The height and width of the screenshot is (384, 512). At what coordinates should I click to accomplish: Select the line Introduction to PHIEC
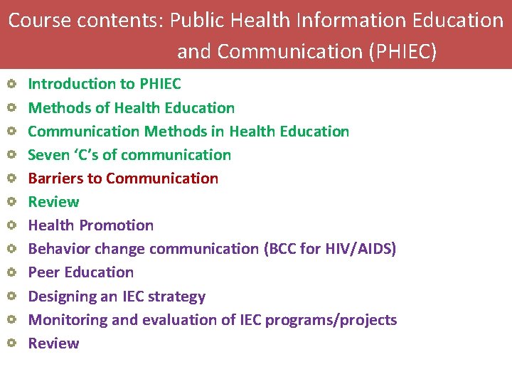click(x=104, y=84)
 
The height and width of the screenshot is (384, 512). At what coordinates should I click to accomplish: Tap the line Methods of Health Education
click(x=131, y=108)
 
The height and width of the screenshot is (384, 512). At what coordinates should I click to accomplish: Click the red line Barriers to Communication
click(x=123, y=178)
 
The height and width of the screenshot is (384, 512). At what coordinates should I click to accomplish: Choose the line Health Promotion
click(x=90, y=225)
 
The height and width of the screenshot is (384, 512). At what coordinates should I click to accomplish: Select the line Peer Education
click(x=80, y=272)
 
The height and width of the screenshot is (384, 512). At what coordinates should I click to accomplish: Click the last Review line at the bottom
click(x=53, y=343)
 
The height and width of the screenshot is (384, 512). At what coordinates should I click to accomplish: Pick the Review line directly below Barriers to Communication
click(x=53, y=202)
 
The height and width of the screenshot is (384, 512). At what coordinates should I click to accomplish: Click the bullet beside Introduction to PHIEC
click(x=12, y=85)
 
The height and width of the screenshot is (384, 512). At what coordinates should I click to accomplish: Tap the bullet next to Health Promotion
click(x=12, y=225)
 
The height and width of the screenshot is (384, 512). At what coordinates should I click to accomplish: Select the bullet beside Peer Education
click(x=12, y=272)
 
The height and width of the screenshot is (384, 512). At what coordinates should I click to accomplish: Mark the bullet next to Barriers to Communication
click(x=12, y=178)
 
